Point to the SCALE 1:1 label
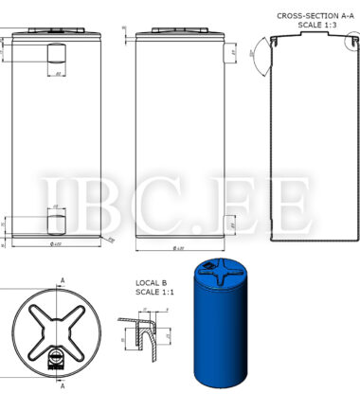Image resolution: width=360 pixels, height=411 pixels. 151,293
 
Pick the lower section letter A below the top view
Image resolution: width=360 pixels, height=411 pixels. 63,386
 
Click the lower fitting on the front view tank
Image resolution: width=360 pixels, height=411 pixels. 55,223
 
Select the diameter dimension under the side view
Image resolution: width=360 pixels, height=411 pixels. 177,248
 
